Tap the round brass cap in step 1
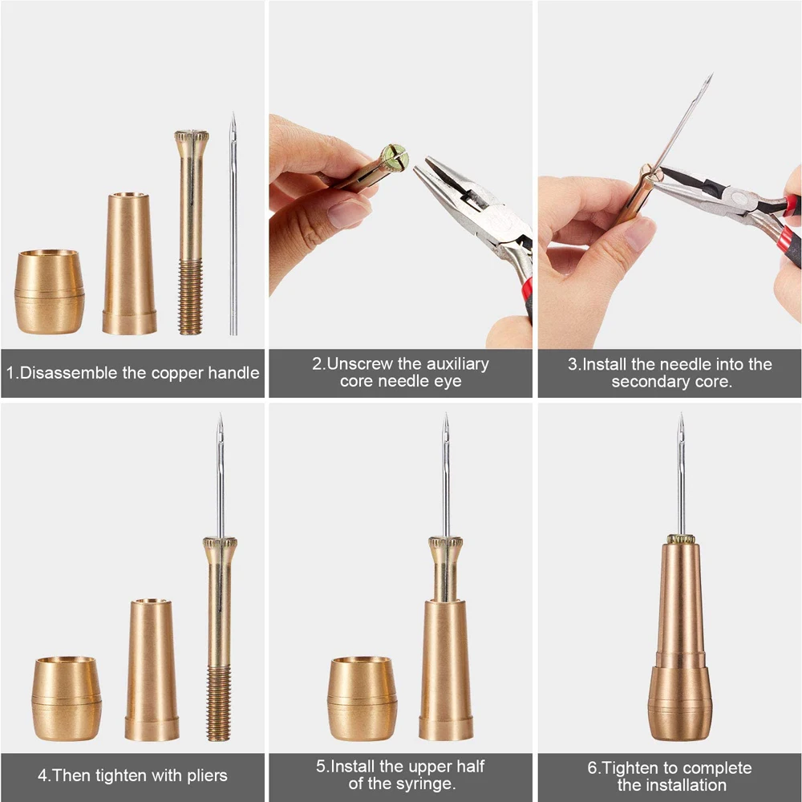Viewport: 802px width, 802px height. pyautogui.click(x=49, y=291)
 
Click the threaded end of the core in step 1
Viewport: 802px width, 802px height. pyautogui.click(x=190, y=297)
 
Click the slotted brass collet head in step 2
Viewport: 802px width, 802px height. pyautogui.click(x=394, y=158)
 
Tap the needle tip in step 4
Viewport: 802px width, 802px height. pyautogui.click(x=219, y=421)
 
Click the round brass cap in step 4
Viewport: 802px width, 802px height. pyautogui.click(x=67, y=699)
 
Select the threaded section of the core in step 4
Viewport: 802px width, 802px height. pyautogui.click(x=218, y=702)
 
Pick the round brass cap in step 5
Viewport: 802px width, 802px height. pyautogui.click(x=363, y=699)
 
